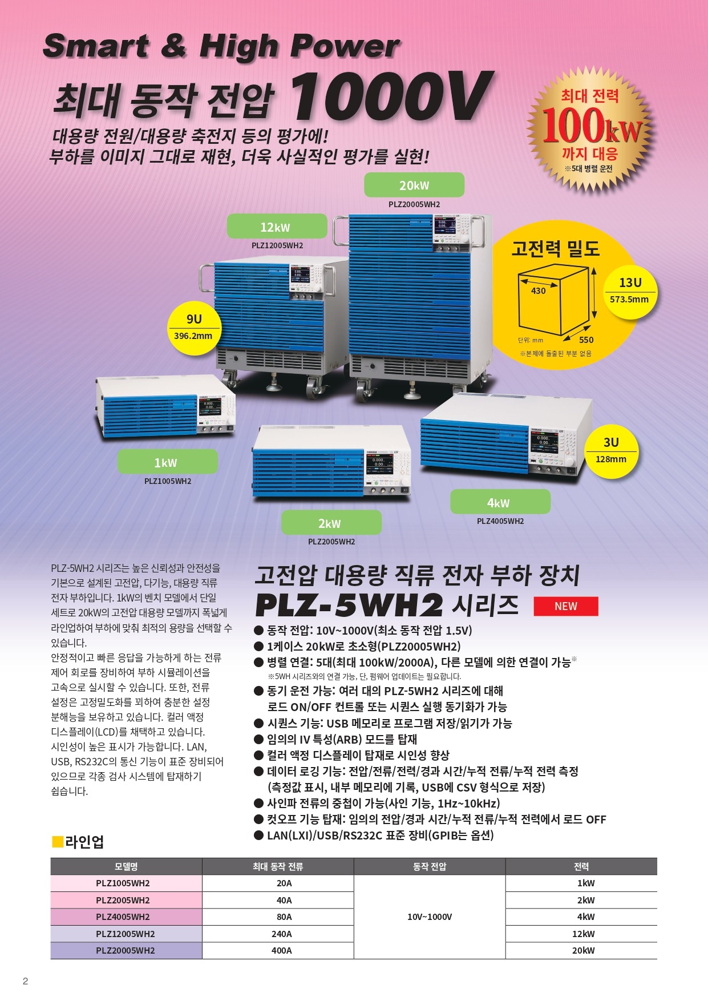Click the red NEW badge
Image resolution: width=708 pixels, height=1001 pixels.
point(565,606)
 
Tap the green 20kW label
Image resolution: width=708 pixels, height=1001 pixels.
point(414,185)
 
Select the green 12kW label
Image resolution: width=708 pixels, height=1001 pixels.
point(277,227)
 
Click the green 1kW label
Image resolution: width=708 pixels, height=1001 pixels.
point(167,462)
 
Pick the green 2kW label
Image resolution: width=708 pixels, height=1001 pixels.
point(331,523)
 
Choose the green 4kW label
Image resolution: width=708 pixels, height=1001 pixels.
point(500,502)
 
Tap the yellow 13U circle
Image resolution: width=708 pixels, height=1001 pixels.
point(629,290)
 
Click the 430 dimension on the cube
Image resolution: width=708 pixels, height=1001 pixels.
point(539,290)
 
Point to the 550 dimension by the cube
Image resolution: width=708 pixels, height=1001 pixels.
point(586,340)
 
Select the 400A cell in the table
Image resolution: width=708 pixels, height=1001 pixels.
point(282,950)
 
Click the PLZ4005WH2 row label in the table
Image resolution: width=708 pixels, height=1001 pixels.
point(123,917)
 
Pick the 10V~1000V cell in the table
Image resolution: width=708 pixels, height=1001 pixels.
point(430,917)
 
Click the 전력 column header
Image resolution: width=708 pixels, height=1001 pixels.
point(581,866)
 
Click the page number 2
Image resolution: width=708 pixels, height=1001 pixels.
point(25,981)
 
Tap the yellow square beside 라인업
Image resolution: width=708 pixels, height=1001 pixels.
point(57,841)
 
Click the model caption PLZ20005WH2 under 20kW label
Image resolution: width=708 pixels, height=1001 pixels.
point(414,204)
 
